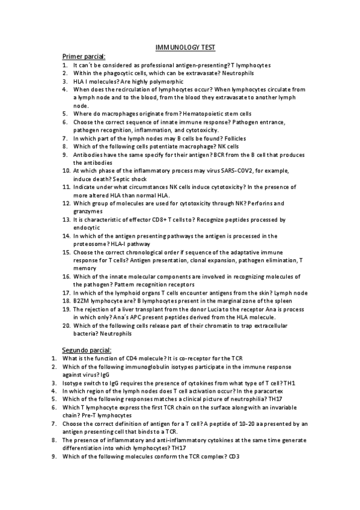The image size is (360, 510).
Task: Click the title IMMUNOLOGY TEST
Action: (x=181, y=47)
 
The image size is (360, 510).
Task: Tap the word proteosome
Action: (x=90, y=244)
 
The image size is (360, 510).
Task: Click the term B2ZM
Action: (x=82, y=301)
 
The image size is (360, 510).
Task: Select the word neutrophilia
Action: (x=242, y=398)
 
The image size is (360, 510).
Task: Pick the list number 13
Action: (x=67, y=220)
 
